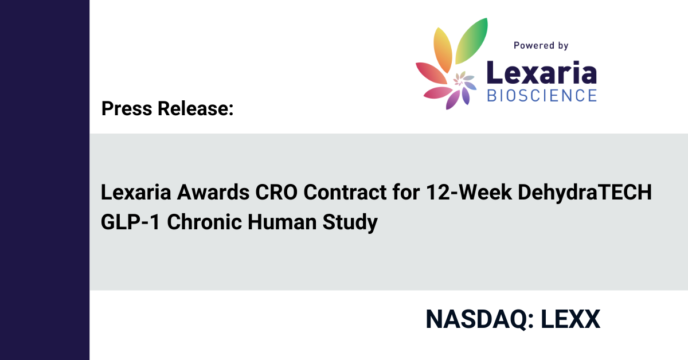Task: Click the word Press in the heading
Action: (127, 108)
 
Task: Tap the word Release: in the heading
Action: (196, 108)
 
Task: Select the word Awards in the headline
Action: (213, 192)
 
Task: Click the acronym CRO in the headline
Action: (276, 192)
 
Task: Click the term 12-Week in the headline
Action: (469, 192)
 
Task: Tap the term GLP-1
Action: (130, 222)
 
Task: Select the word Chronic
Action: (204, 222)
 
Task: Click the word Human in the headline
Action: (282, 222)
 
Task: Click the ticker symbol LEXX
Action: (570, 319)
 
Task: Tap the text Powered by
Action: (541, 46)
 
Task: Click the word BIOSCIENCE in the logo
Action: (542, 95)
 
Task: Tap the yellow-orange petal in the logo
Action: (443, 49)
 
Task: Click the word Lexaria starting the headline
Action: (136, 192)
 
